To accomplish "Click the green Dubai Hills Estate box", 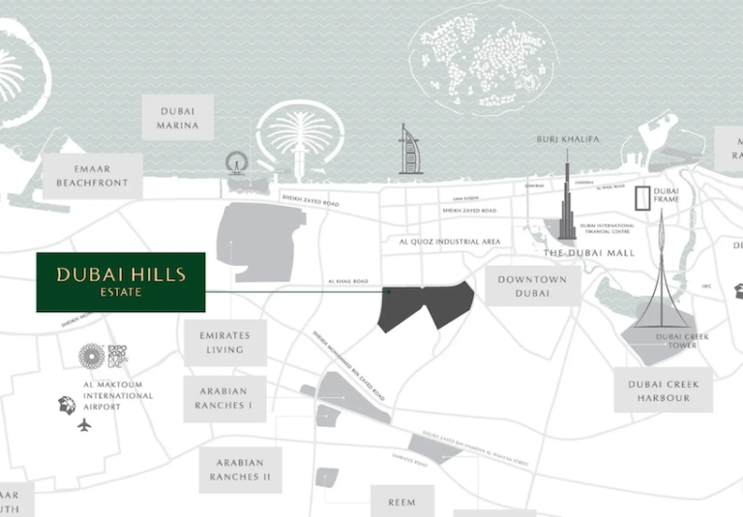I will (120, 282).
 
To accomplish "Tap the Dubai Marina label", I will (179, 118).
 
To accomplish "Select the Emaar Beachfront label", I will (93, 175).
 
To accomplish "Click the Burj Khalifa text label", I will (568, 139).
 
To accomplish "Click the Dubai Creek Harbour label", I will (664, 390).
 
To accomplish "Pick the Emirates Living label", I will (224, 342).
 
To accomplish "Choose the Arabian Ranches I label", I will (224, 398).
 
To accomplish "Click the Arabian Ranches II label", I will (239, 470).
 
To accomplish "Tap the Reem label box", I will (401, 502).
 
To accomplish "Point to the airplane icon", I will (84, 424).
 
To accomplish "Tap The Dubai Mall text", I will (587, 252).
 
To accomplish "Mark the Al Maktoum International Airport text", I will (118, 395).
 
